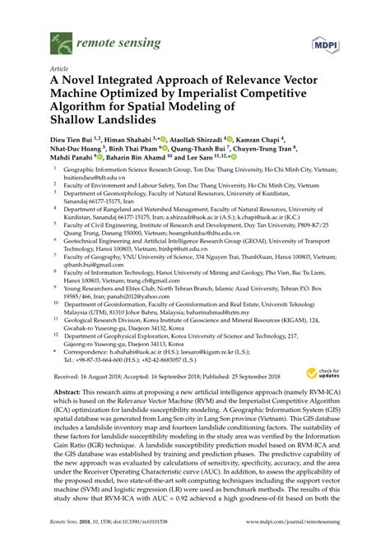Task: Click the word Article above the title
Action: coord(59,71)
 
